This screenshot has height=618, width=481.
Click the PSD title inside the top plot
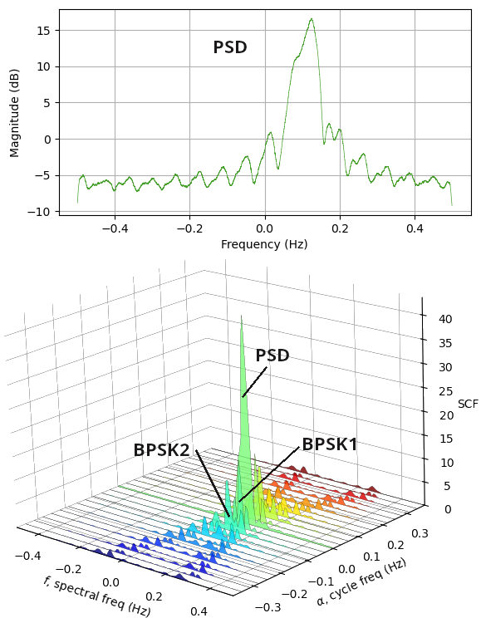[x=230, y=47]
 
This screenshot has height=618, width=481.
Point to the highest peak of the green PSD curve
[x=312, y=18]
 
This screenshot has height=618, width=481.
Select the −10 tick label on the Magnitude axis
[x=40, y=212]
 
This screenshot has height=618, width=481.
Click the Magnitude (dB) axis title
[x=14, y=114]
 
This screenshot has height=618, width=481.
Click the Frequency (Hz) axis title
[x=264, y=244]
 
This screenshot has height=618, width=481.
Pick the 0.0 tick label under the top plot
[x=265, y=228]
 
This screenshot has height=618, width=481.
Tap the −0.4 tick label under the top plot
[x=115, y=228]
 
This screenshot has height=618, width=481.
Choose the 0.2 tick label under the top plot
[x=340, y=228]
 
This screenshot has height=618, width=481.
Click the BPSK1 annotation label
[x=330, y=444]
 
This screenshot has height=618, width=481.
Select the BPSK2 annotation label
[x=162, y=450]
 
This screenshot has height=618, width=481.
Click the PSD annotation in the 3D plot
[x=272, y=356]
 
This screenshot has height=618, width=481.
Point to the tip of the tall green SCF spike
[x=241, y=316]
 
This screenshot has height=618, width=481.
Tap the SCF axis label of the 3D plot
[x=468, y=404]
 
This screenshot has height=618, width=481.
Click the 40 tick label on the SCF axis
[x=445, y=319]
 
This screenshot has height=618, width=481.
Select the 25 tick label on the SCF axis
[x=445, y=391]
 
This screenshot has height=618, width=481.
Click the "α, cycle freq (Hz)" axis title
[x=361, y=582]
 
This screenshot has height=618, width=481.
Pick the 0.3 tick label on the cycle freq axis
[x=420, y=533]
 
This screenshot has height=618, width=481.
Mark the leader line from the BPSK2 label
[x=213, y=483]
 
